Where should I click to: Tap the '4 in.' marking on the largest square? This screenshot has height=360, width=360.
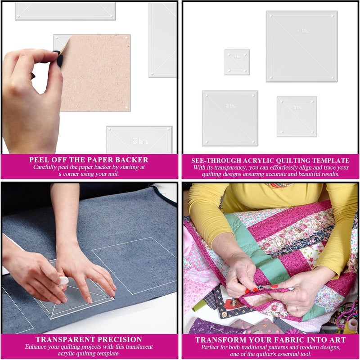click(302, 31)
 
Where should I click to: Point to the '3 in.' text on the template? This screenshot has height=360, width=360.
click(230, 106)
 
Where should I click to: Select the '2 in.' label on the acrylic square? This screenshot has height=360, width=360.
click(297, 108)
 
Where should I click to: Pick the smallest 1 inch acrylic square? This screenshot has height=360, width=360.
click(237, 62)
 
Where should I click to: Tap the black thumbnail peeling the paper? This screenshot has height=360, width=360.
click(59, 58)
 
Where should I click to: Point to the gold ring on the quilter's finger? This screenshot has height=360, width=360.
click(297, 309)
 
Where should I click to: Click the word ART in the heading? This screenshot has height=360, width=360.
click(337, 340)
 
